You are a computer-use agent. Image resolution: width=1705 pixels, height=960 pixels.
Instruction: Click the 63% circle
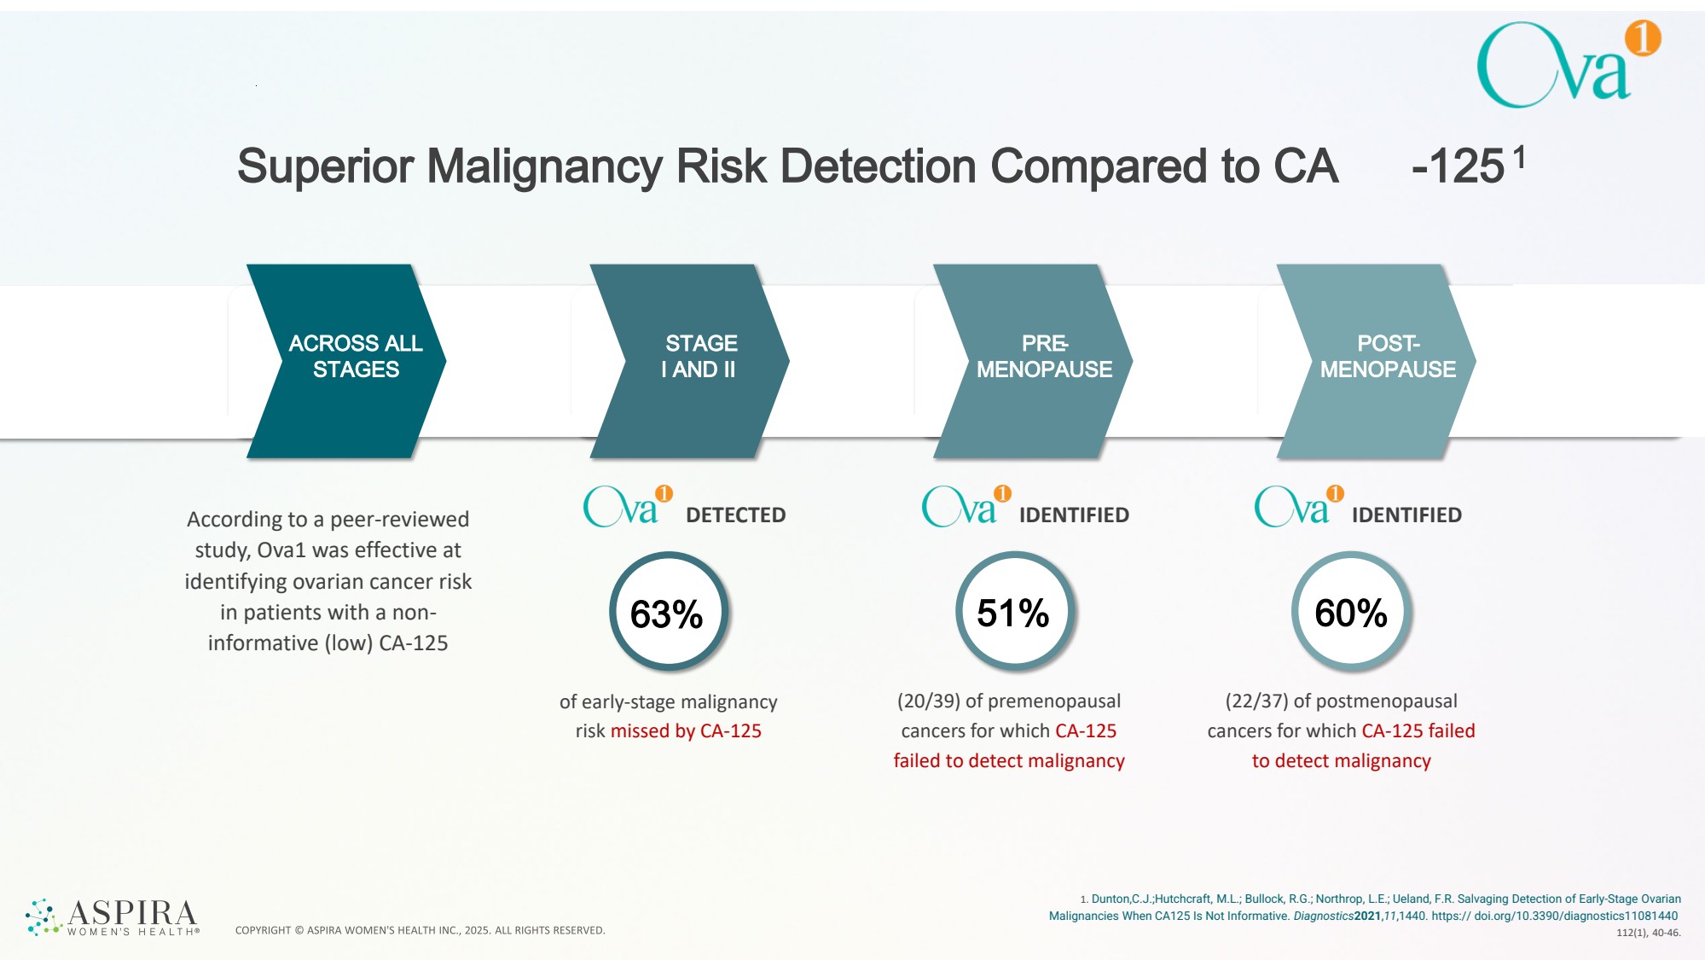pyautogui.click(x=668, y=613)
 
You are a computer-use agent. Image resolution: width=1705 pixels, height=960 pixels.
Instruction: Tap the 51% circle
pyautogui.click(x=1013, y=613)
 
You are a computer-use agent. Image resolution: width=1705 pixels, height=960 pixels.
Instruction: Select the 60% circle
pyautogui.click(x=1351, y=613)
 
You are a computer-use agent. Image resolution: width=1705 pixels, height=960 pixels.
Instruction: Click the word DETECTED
pyautogui.click(x=735, y=515)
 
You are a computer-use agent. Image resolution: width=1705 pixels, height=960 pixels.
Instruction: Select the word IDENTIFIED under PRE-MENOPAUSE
pyautogui.click(x=1074, y=515)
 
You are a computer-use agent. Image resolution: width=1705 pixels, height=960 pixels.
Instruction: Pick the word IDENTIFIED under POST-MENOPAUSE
pyautogui.click(x=1406, y=515)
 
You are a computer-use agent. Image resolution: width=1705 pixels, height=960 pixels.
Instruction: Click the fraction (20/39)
pyautogui.click(x=928, y=701)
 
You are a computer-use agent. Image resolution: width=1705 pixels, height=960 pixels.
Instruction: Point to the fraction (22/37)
pyautogui.click(x=1256, y=701)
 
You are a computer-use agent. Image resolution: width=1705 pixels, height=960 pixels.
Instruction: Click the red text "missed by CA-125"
pyautogui.click(x=686, y=731)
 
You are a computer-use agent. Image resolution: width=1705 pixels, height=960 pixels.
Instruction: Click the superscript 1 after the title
pyautogui.click(x=1519, y=157)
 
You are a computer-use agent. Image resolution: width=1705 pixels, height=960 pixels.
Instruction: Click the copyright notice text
pyautogui.click(x=420, y=930)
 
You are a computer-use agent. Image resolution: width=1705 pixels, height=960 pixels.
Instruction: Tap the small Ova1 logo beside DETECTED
pyautogui.click(x=627, y=506)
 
